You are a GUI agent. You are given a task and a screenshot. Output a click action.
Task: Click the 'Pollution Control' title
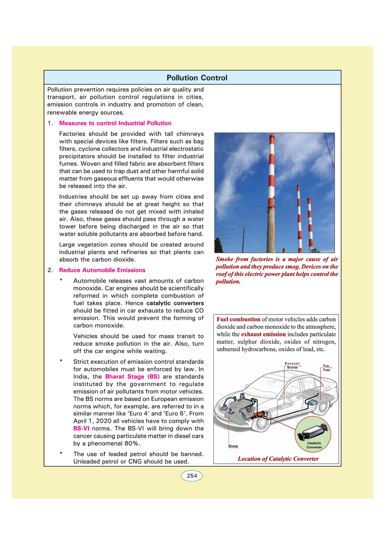(x=197, y=78)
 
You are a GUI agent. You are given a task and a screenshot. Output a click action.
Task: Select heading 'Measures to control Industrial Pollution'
(x=115, y=123)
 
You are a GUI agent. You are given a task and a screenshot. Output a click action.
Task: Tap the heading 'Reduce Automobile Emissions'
(x=102, y=270)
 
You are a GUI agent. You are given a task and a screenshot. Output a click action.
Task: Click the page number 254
(x=192, y=476)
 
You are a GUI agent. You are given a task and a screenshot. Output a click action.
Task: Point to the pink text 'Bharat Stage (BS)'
(x=132, y=377)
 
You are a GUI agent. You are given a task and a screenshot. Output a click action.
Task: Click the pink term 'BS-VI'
(x=81, y=429)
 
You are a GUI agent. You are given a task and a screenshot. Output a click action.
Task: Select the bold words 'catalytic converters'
(x=175, y=303)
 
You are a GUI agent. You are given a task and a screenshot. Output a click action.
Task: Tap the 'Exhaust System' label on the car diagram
(x=292, y=365)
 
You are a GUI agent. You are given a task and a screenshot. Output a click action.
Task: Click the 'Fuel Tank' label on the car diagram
(x=326, y=368)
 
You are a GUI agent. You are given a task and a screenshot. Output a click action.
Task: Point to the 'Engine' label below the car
(x=233, y=446)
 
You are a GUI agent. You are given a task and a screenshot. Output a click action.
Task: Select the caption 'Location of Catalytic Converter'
(x=278, y=459)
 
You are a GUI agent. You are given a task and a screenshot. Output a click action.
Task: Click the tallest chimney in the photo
(x=272, y=194)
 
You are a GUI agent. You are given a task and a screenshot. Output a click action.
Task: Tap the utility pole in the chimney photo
(x=244, y=239)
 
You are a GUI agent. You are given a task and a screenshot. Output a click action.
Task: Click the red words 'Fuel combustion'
(x=238, y=319)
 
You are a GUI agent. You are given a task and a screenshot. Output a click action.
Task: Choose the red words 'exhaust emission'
(x=263, y=334)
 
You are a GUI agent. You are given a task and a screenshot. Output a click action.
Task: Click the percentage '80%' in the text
(x=132, y=444)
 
